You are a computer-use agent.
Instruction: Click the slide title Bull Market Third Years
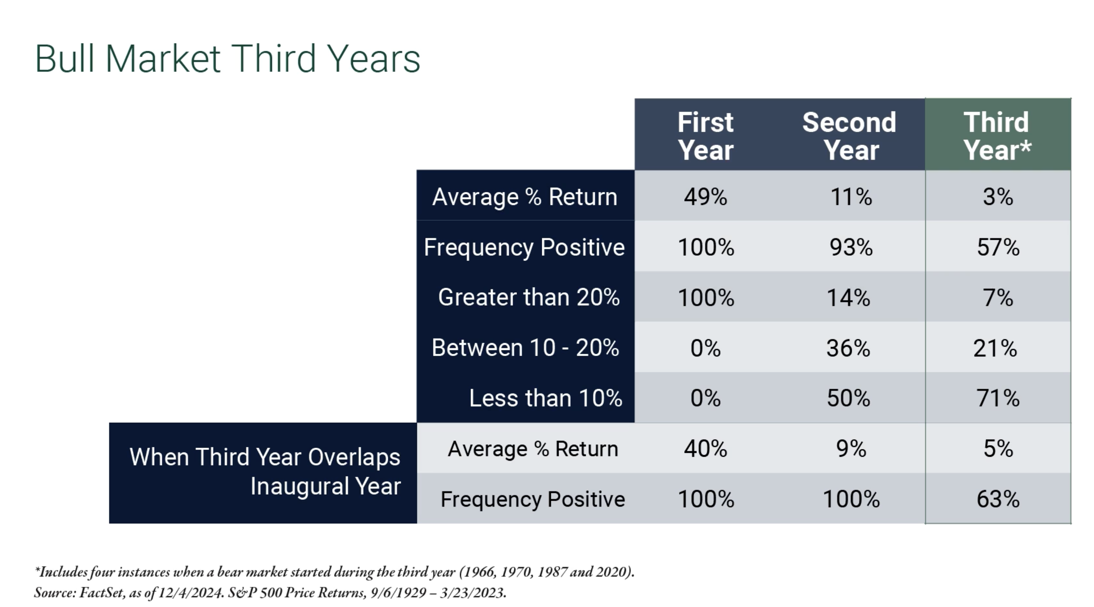pos(227,59)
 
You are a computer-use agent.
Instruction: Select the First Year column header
pos(705,136)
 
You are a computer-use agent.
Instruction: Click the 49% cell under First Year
pos(705,197)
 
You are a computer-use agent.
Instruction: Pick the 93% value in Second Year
pos(851,247)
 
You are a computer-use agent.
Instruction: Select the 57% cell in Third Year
pos(998,247)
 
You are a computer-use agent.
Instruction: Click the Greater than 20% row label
pos(529,297)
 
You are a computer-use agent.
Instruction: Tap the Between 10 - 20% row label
pos(525,347)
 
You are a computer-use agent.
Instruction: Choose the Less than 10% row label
pos(546,398)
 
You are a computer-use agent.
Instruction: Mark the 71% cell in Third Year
pos(998,398)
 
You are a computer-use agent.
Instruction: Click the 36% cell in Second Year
pos(848,348)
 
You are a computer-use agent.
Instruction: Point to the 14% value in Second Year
pos(848,297)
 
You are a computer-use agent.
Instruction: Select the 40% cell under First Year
pos(705,449)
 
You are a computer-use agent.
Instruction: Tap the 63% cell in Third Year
pos(998,499)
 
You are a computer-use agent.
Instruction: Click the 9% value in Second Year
pos(851,449)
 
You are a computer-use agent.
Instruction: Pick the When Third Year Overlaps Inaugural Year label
pos(265,471)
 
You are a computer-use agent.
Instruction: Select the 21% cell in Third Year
pos(995,348)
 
